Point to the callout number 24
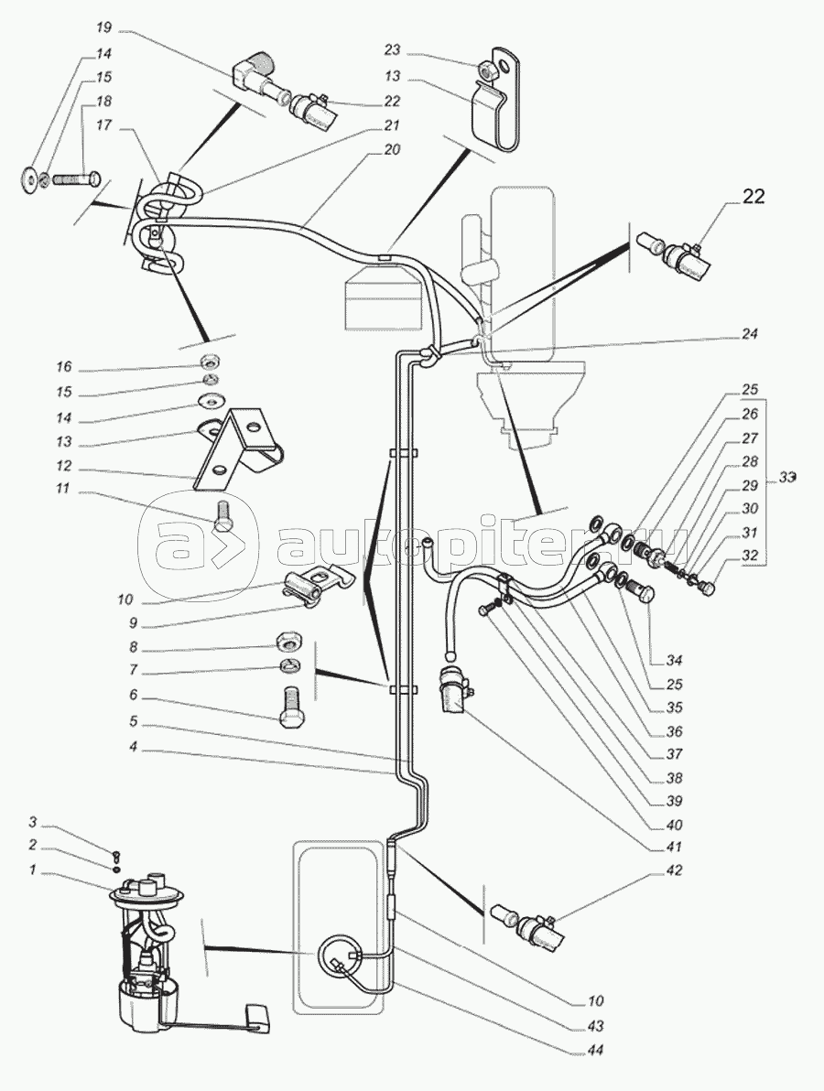[751, 335]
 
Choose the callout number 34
[676, 661]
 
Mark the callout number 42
[675, 870]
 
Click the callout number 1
[32, 871]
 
